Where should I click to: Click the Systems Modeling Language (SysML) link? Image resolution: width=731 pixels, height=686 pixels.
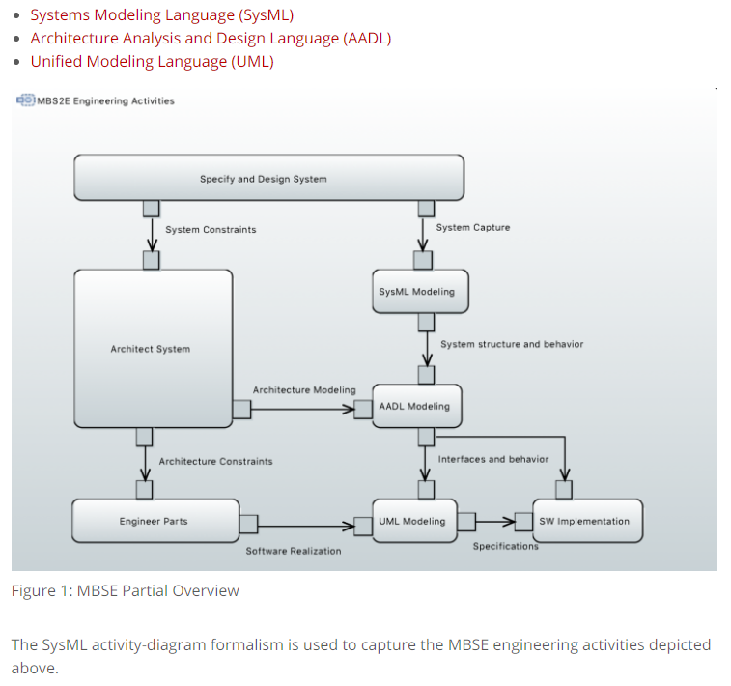(161, 15)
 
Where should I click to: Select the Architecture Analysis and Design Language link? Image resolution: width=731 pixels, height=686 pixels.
(211, 39)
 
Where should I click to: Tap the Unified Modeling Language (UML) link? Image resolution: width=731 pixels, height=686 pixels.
(152, 61)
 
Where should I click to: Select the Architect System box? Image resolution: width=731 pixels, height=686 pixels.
(152, 349)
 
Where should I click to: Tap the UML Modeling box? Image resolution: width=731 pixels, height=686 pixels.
(412, 522)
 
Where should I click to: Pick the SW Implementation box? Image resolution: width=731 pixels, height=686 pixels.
(584, 522)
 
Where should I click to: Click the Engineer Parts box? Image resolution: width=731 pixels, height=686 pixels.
(155, 522)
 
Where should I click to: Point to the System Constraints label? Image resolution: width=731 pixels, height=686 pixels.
(211, 230)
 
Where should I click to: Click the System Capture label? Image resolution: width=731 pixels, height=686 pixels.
(473, 228)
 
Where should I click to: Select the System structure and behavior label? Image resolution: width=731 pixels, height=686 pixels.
(512, 344)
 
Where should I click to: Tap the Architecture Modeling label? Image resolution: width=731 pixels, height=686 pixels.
(304, 390)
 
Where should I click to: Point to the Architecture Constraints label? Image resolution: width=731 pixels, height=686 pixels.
(215, 462)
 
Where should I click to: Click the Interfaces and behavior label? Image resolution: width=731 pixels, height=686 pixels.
(492, 459)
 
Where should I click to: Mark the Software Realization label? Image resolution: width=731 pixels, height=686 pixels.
(293, 551)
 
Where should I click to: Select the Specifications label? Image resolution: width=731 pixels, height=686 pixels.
(505, 547)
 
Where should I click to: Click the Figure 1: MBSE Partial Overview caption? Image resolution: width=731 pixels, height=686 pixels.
(126, 590)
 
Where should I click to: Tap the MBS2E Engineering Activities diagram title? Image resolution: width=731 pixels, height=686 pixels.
(104, 100)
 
